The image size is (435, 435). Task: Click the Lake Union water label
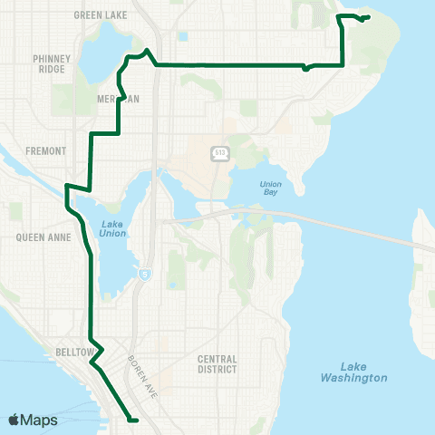tap(114, 228)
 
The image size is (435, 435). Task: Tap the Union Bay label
tap(271, 189)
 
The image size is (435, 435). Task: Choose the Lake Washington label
tap(353, 372)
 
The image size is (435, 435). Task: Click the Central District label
tap(217, 363)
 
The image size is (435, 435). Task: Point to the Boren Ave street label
tap(140, 367)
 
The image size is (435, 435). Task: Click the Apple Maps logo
tap(34, 420)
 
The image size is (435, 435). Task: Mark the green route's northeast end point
tap(369, 16)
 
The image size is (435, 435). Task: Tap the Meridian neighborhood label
tap(119, 99)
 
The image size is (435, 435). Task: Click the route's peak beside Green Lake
tap(147, 50)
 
